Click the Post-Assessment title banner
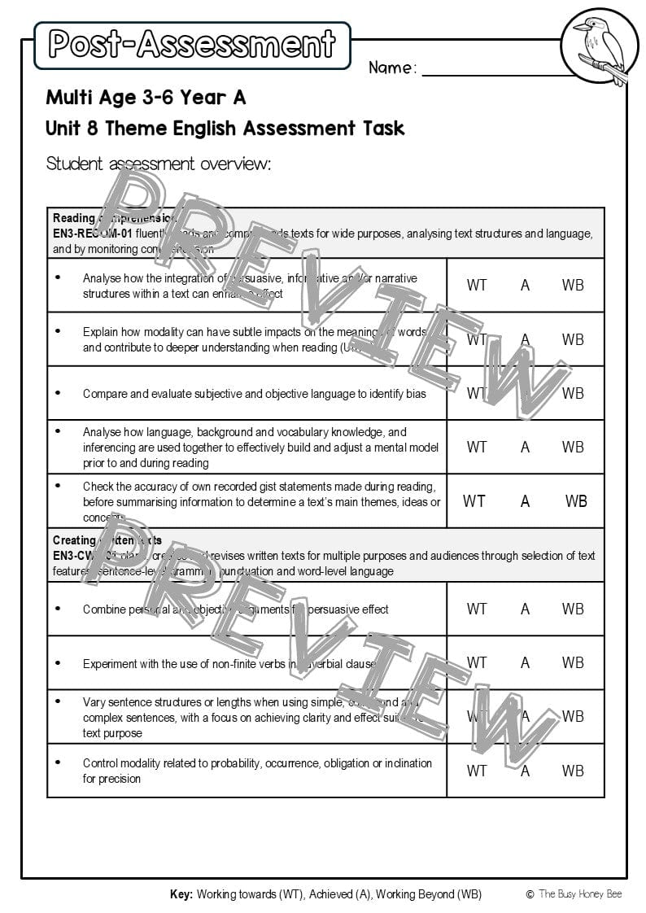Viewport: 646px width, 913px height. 192,45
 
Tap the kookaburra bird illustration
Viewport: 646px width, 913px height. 595,46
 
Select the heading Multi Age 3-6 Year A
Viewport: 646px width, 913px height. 146,98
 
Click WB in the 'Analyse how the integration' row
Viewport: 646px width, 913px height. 573,285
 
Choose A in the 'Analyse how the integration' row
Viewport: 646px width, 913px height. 525,285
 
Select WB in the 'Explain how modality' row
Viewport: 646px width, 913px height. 573,339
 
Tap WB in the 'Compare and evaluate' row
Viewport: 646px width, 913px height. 573,393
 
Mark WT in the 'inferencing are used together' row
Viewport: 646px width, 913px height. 477,447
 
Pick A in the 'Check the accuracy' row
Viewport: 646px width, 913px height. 525,501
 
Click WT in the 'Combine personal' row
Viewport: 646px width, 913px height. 477,609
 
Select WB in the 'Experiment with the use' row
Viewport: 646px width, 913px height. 573,662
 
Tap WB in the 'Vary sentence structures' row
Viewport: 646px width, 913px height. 573,716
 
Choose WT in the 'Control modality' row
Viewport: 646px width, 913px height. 477,771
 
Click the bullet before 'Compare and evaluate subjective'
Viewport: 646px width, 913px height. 59,393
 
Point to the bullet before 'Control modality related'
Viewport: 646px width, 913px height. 59,762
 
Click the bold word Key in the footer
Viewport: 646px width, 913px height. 181,894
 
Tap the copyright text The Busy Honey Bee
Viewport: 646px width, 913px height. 580,894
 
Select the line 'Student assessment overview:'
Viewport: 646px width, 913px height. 158,164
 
